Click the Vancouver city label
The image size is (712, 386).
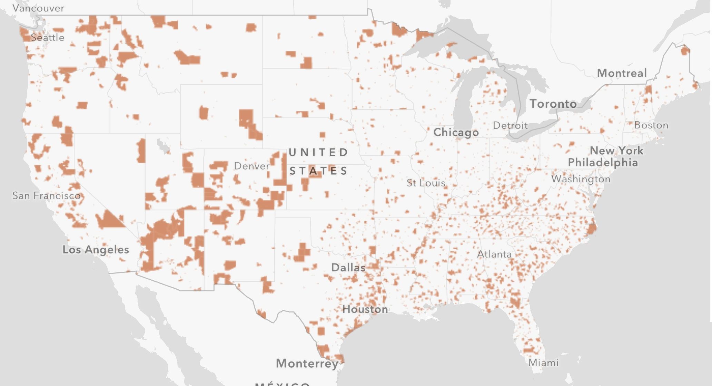click(x=38, y=8)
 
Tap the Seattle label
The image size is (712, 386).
click(x=48, y=37)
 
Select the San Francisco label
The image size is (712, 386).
click(x=47, y=195)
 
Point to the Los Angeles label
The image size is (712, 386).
click(x=96, y=249)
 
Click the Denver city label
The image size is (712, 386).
click(x=252, y=166)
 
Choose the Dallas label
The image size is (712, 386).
click(x=348, y=267)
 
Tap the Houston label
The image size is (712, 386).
click(x=365, y=309)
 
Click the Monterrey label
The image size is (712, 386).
click(x=307, y=363)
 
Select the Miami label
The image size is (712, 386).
click(x=544, y=363)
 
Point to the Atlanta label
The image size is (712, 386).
click(x=494, y=254)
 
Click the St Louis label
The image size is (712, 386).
click(x=426, y=183)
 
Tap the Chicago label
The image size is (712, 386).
click(x=456, y=132)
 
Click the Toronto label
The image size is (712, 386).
click(x=553, y=104)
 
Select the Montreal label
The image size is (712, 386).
click(x=622, y=73)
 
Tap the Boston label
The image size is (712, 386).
click(x=651, y=125)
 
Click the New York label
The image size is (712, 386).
click(x=616, y=150)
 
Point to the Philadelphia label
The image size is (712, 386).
click(x=603, y=162)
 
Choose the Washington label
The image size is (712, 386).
click(x=581, y=179)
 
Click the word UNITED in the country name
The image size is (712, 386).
click(x=318, y=152)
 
